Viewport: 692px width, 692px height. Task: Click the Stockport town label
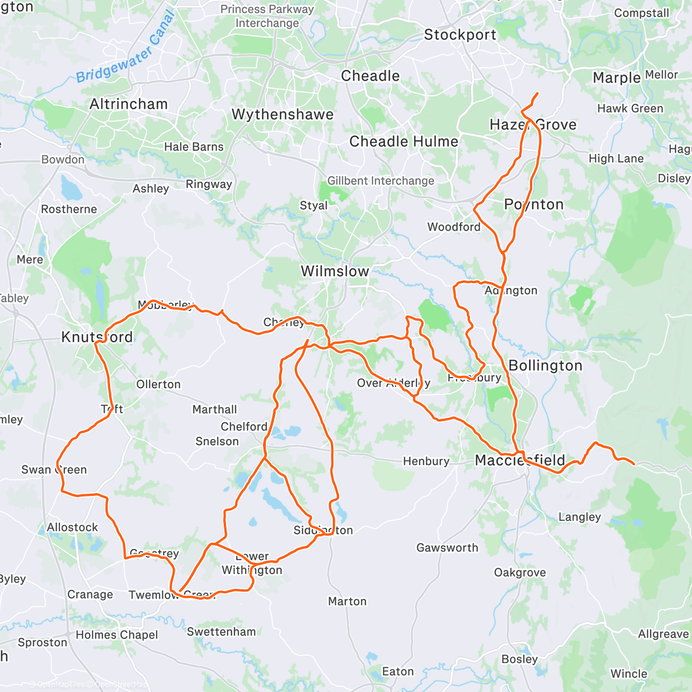tap(460, 35)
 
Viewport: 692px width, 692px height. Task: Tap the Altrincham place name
tap(129, 104)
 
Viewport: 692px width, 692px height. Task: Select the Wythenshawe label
tap(283, 115)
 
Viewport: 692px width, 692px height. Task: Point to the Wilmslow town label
tap(335, 271)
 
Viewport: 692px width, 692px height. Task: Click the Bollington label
tap(546, 366)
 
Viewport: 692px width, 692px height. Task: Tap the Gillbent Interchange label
tap(381, 181)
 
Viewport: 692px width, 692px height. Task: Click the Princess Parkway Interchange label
tap(267, 16)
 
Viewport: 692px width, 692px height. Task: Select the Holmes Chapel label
tap(117, 635)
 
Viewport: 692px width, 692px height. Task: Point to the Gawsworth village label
tap(447, 548)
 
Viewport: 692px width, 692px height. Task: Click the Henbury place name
tap(426, 461)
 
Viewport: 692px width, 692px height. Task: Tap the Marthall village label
tap(215, 410)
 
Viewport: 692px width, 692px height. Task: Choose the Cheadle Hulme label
tap(404, 142)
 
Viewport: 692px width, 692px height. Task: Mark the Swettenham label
tap(221, 632)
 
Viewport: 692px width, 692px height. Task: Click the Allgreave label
tap(663, 634)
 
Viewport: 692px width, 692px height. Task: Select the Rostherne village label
tap(69, 209)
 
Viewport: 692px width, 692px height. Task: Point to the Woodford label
tap(454, 227)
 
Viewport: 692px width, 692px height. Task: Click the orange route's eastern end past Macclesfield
tap(634, 464)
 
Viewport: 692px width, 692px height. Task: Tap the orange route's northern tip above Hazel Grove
tap(537, 93)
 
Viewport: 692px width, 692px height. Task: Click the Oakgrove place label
tap(520, 573)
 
